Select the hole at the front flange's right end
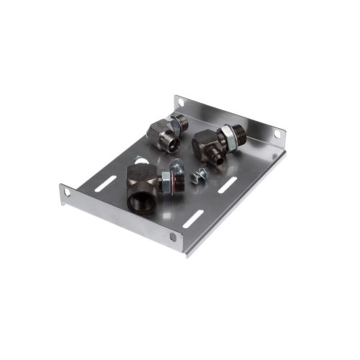[173, 237]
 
